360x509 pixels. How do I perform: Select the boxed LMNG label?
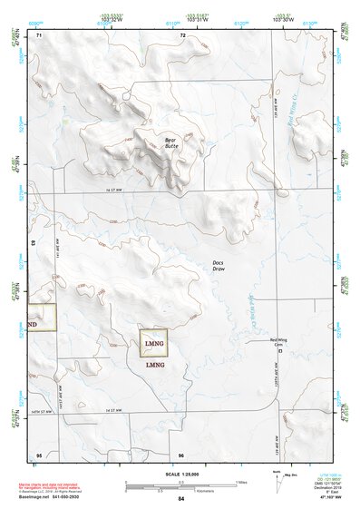(155, 344)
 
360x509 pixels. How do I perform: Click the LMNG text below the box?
(155, 364)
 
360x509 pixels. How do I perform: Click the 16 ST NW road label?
(113, 190)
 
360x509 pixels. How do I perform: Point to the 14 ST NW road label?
(113, 411)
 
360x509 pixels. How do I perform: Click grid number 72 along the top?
(182, 34)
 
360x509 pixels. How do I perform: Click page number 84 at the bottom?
(181, 499)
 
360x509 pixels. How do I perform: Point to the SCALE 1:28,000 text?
(181, 475)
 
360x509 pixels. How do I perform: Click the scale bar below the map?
(181, 484)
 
